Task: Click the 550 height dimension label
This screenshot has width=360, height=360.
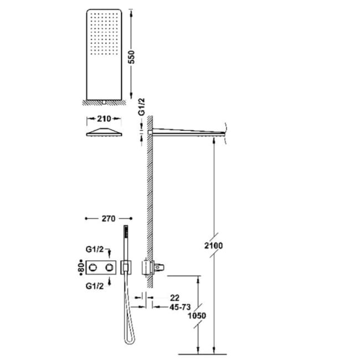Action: click(132, 57)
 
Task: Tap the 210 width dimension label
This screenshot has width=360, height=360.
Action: click(104, 119)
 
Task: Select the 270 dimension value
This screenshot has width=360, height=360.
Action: click(109, 219)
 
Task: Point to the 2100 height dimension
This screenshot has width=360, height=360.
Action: click(214, 246)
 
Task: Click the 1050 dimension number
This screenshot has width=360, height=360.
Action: click(197, 316)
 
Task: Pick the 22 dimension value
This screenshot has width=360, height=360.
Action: click(174, 298)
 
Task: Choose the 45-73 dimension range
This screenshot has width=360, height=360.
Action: click(180, 307)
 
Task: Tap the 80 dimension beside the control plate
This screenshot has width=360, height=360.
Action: click(80, 268)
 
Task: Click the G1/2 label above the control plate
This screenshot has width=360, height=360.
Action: click(95, 249)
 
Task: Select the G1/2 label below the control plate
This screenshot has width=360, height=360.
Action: click(95, 286)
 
